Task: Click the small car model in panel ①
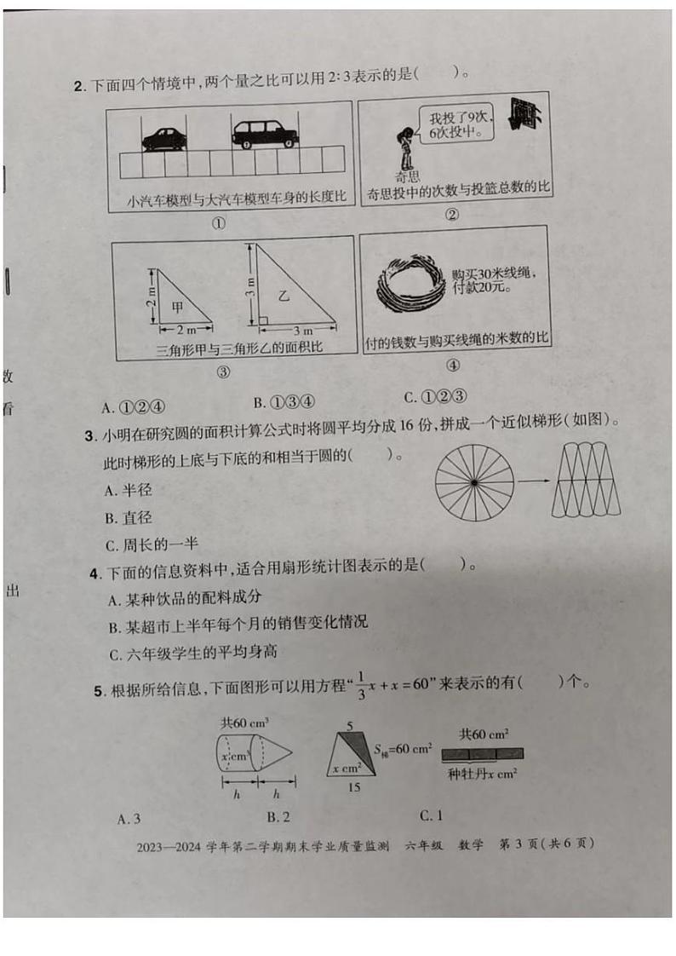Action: point(163,138)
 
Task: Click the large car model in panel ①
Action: point(263,133)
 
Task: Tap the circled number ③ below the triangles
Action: point(223,371)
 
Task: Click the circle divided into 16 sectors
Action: point(474,483)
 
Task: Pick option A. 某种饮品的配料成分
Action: point(185,598)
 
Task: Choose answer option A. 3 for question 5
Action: point(129,819)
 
